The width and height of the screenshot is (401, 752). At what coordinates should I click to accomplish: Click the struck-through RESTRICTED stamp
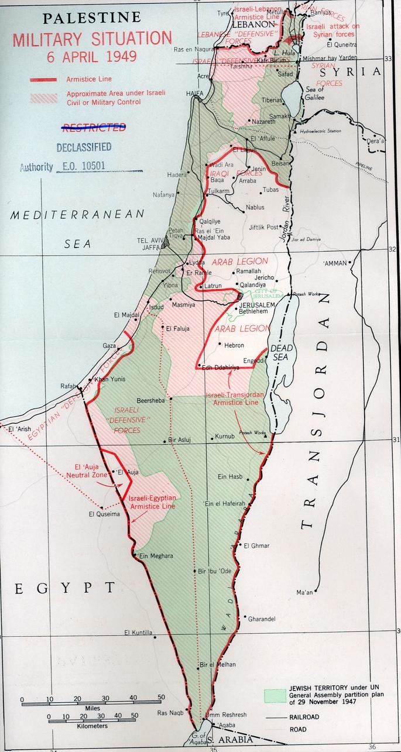[x=94, y=127]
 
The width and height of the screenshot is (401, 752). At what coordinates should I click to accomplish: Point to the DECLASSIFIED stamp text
[x=84, y=147]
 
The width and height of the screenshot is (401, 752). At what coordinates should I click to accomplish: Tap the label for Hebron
[x=234, y=345]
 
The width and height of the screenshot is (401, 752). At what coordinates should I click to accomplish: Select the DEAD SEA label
[x=280, y=352]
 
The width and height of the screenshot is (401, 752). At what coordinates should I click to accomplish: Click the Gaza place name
[x=109, y=346]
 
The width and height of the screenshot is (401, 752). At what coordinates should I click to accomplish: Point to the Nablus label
[x=255, y=207]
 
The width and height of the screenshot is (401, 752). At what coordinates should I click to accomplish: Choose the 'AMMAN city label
[x=335, y=263]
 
